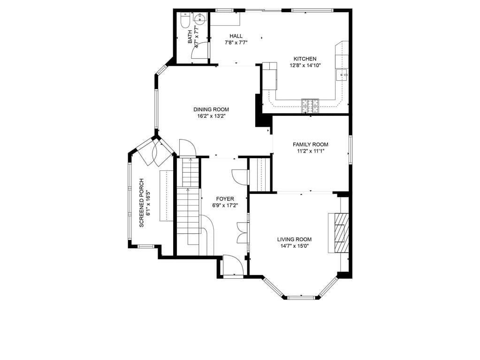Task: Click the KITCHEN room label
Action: coord(305,59)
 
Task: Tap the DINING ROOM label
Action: coord(211,109)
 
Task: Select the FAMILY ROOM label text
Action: coord(311,145)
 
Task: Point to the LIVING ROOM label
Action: coord(295,239)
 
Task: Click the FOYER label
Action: coord(225,199)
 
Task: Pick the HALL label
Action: coord(236,36)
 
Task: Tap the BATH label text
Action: coord(190,37)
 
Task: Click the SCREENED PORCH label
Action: coord(141,203)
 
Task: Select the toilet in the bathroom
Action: coord(185,20)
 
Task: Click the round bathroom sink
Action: coord(200,19)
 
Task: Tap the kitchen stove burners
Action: coord(310,106)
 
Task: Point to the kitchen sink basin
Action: coord(342,75)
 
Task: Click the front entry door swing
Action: coord(233,266)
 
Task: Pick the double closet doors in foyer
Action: coord(243,233)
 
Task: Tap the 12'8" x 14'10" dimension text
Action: coord(305,65)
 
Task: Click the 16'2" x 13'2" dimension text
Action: coord(211,116)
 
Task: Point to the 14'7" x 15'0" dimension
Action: coord(295,246)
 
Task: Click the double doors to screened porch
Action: coord(156,152)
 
